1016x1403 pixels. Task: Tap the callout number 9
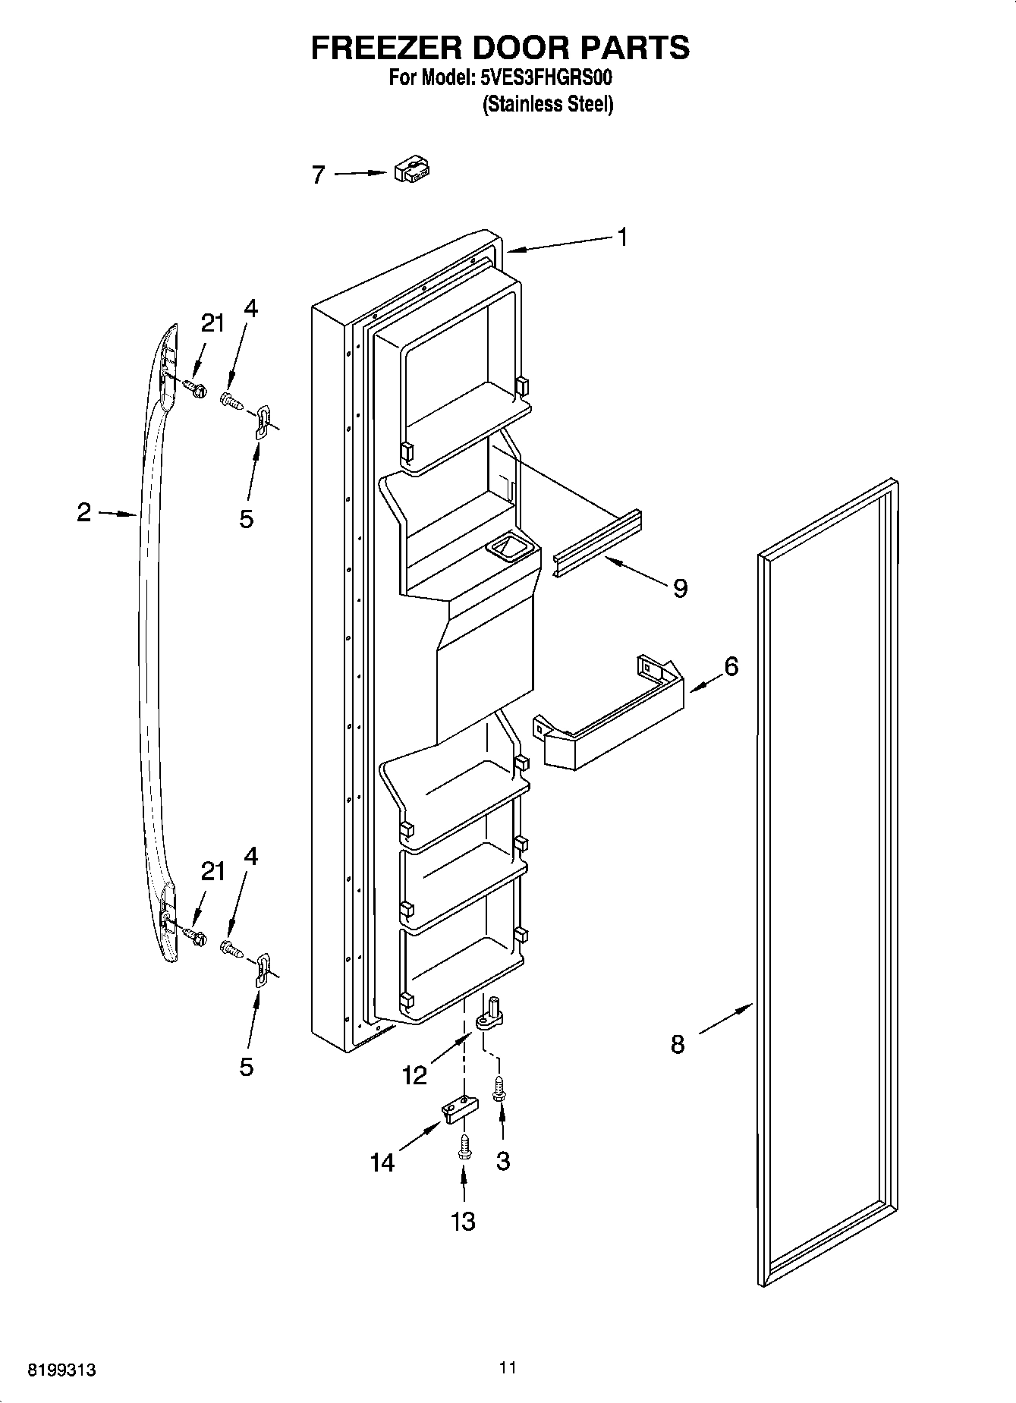(x=680, y=587)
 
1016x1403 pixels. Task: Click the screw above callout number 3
(x=499, y=1090)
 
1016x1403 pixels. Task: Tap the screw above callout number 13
(x=464, y=1149)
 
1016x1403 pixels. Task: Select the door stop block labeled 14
(x=459, y=1109)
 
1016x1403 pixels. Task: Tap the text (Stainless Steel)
(x=548, y=104)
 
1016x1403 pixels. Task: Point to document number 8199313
(x=61, y=1369)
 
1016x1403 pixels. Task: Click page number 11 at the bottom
(x=508, y=1367)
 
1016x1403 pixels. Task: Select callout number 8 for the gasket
(x=678, y=1044)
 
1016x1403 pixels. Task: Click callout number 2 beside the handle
(x=83, y=512)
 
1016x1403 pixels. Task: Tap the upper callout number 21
(x=212, y=323)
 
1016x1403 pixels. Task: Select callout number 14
(x=382, y=1162)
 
